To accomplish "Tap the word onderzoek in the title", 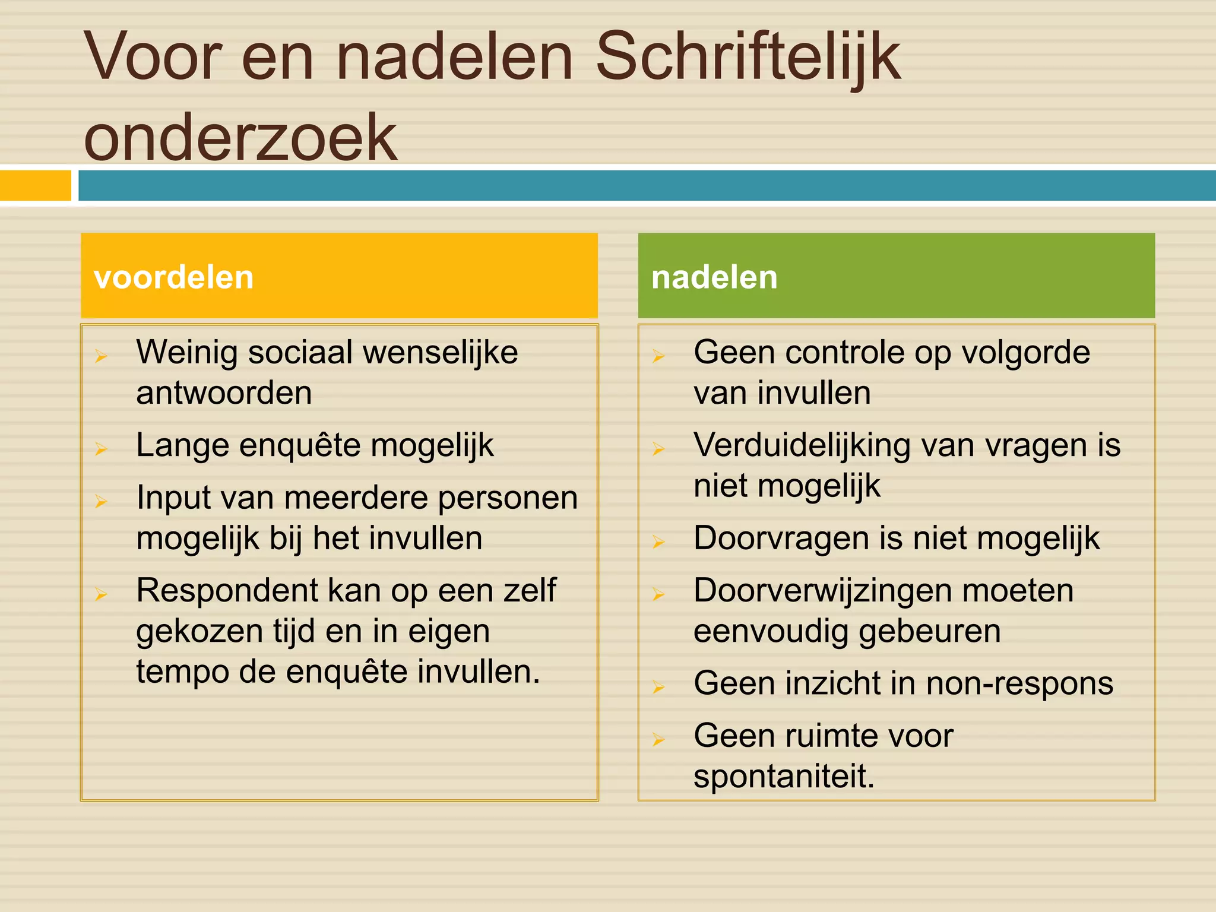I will coord(240,138).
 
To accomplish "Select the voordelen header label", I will coord(174,277).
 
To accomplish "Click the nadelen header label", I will coord(714,277).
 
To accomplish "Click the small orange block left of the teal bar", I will coord(35,186).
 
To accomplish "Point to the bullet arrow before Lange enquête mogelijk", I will coord(101,448).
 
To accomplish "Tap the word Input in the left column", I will coord(173,498).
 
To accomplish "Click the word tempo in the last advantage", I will coord(182,672).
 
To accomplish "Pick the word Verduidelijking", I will coord(802,445).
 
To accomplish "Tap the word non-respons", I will coord(1019,683).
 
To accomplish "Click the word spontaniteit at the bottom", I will coord(784,776).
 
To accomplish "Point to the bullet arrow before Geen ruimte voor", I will coord(658,739).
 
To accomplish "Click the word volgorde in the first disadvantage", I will coord(1025,353).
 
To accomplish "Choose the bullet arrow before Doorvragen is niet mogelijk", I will coord(658,541).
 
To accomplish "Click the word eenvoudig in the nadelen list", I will coord(771,631).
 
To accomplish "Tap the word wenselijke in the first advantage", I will coord(440,353).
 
